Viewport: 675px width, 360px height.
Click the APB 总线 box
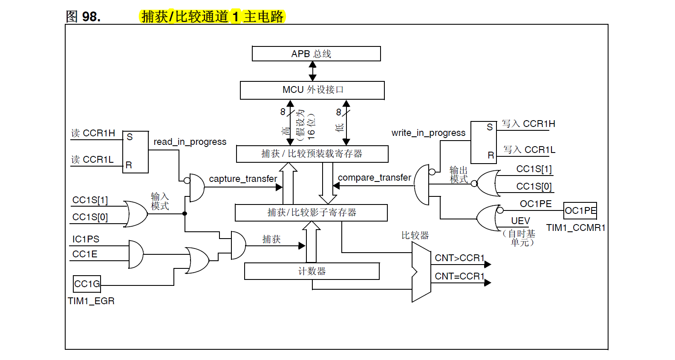(316, 54)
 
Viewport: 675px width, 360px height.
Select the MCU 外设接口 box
(312, 90)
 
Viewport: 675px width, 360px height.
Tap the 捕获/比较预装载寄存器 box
(312, 154)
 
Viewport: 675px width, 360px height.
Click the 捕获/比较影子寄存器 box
(311, 213)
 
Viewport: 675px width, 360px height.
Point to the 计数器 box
(312, 271)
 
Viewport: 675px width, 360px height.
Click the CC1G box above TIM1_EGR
(87, 284)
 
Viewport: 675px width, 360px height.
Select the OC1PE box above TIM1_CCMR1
(580, 210)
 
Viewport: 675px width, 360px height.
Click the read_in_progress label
(190, 141)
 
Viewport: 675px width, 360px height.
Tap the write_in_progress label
(428, 132)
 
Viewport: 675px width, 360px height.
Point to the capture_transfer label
(243, 179)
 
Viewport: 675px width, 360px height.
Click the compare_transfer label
(374, 177)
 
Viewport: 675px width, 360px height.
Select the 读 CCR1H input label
(93, 133)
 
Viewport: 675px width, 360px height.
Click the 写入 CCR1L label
(529, 150)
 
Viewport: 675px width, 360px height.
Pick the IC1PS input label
(86, 239)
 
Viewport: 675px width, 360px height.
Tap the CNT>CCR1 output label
(459, 258)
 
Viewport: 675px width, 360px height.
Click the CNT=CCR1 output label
(459, 276)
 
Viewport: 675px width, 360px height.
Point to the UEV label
(520, 221)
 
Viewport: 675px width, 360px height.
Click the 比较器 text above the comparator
(415, 235)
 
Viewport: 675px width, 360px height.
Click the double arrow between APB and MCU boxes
(312, 71)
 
